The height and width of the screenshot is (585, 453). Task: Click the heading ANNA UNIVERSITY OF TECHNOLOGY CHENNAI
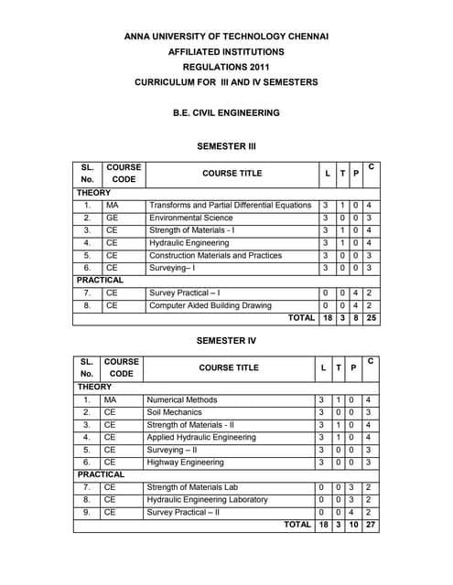(226, 37)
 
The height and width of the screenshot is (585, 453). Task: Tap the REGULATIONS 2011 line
(226, 68)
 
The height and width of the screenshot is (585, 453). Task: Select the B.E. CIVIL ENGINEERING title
(226, 113)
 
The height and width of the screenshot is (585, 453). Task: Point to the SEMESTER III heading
(226, 145)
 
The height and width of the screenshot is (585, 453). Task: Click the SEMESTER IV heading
(226, 340)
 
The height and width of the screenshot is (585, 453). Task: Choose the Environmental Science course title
(190, 219)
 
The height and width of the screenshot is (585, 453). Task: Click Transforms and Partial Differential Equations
(230, 206)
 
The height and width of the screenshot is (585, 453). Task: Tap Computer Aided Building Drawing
(210, 305)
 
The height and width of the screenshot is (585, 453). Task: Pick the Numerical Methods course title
(182, 400)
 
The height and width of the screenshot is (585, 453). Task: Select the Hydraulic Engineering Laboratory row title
(207, 500)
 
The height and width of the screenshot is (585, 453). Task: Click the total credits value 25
(371, 318)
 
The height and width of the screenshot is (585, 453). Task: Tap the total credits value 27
(369, 525)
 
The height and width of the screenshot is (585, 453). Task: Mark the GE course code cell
(113, 219)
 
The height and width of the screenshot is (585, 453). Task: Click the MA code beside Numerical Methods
(111, 400)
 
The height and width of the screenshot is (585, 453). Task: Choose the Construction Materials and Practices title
(215, 256)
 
